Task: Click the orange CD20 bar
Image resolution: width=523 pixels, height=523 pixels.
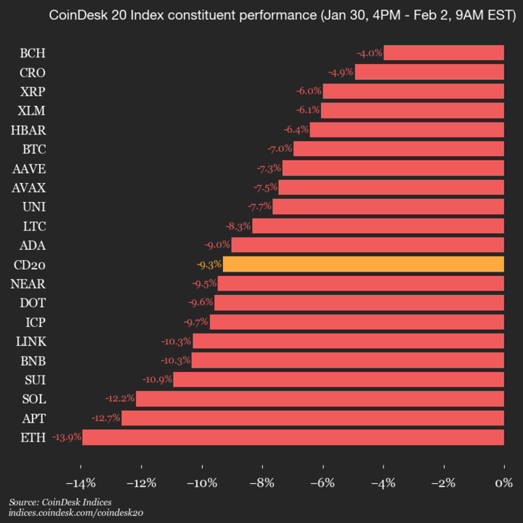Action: [x=363, y=264]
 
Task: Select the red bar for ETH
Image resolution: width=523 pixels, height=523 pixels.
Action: [x=293, y=437]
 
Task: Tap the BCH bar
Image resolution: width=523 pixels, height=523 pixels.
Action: [x=444, y=52]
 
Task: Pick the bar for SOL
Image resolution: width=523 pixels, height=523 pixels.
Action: [x=320, y=398]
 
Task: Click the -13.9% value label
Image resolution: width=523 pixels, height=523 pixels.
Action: [x=66, y=437]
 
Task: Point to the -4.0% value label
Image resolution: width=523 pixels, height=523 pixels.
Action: [x=369, y=53]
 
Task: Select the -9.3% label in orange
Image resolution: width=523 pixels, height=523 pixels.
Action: [x=208, y=264]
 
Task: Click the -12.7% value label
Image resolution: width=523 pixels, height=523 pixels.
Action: [x=105, y=418]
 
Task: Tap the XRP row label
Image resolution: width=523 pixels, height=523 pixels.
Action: [x=33, y=91]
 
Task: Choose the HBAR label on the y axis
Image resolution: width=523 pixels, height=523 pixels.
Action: [x=28, y=129]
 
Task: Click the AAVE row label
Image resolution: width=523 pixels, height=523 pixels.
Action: [x=29, y=168]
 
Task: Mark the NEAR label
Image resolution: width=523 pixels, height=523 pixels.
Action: [x=28, y=283]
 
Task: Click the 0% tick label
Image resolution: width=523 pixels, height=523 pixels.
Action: [x=503, y=483]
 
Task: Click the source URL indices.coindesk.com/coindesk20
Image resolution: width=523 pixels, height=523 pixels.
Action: [x=76, y=513]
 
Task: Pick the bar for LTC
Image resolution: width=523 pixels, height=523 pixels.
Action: [x=378, y=225]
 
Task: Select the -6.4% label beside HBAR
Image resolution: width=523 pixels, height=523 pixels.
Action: [x=296, y=130]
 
